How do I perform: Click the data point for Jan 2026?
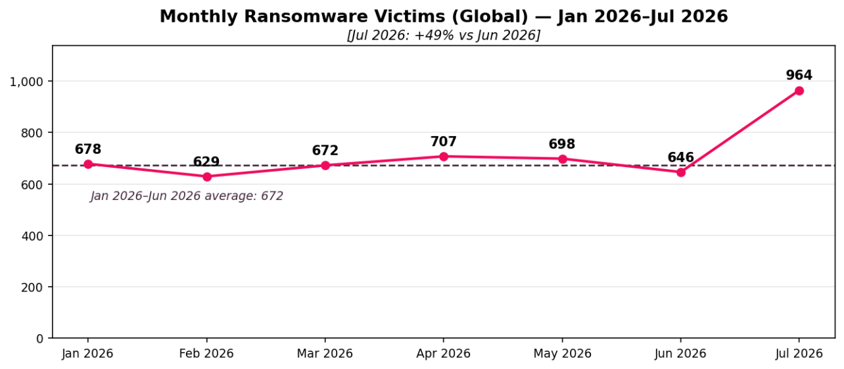click(x=88, y=164)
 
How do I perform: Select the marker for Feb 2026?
click(x=207, y=177)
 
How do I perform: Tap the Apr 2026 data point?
click(x=444, y=157)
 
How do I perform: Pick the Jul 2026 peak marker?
click(x=799, y=91)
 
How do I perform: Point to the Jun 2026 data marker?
click(x=681, y=172)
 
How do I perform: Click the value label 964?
click(x=799, y=76)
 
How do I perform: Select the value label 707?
click(x=444, y=141)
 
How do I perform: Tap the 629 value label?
click(x=206, y=162)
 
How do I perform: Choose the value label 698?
click(x=562, y=144)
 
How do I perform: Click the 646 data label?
click(x=681, y=157)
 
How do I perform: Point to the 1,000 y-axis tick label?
click(x=26, y=82)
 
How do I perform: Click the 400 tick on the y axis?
click(x=32, y=236)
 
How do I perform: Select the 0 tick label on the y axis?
click(x=40, y=339)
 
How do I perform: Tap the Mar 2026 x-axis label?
click(x=325, y=354)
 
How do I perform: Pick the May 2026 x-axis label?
click(x=562, y=354)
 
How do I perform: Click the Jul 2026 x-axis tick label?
click(x=799, y=354)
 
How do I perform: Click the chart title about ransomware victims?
click(x=444, y=16)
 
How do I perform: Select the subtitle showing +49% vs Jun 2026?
click(x=444, y=36)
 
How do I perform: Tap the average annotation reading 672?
click(x=187, y=196)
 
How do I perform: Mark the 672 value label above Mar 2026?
click(x=325, y=151)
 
